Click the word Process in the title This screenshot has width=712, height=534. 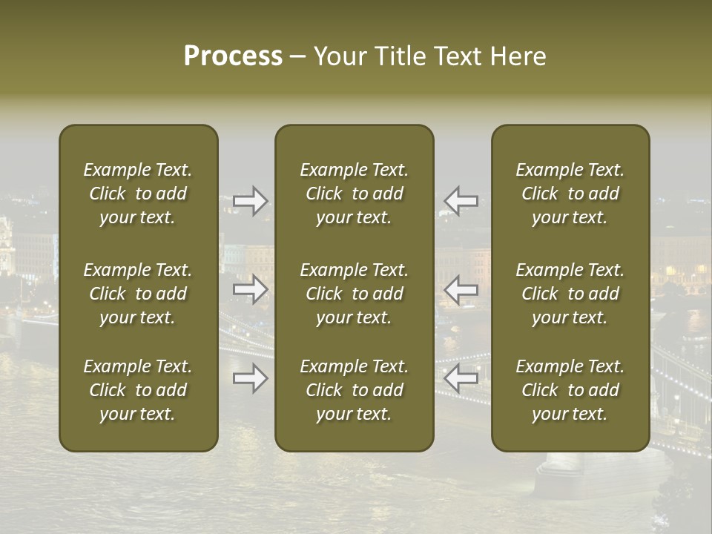[x=233, y=56]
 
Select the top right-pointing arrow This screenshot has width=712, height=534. [x=251, y=201]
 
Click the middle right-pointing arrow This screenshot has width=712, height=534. [x=251, y=289]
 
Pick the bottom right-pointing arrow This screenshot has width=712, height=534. [x=251, y=379]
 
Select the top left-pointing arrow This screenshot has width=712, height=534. [x=461, y=201]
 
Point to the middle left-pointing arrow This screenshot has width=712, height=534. [x=461, y=289]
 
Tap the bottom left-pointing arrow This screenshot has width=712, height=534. [x=461, y=379]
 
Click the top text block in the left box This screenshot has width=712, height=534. [x=138, y=194]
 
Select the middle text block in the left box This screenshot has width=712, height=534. [x=138, y=294]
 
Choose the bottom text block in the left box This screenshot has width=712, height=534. [x=138, y=390]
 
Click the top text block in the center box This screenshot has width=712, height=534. [x=354, y=194]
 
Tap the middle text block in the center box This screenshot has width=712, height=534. [x=354, y=294]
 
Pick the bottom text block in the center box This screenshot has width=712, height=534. [x=354, y=390]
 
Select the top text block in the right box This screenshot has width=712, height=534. [x=570, y=194]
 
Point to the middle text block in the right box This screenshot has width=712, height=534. [x=570, y=294]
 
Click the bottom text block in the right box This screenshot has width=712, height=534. [x=570, y=390]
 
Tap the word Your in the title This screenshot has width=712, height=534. [x=340, y=56]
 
